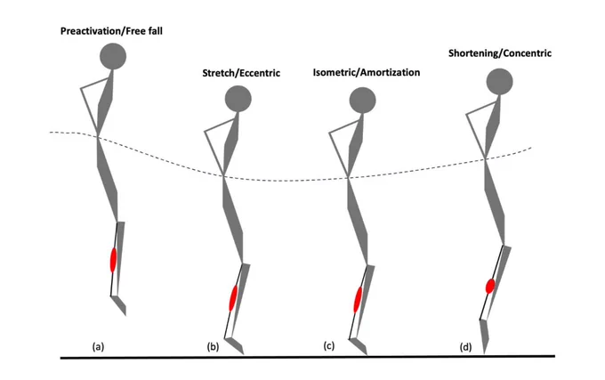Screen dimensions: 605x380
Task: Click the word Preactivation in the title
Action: tap(91, 31)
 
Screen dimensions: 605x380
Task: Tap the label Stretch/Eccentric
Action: tap(241, 73)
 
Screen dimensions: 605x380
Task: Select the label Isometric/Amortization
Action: tap(367, 72)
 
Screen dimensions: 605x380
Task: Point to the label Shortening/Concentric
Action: tap(500, 53)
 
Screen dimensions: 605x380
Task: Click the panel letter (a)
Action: tap(98, 346)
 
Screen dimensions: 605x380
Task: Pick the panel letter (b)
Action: tap(213, 346)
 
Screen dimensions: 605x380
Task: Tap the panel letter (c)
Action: tap(328, 345)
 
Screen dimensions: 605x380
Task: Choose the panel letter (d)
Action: tap(465, 347)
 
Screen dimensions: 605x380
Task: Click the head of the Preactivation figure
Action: tap(113, 56)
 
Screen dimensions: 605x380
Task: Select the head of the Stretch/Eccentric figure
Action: tap(238, 99)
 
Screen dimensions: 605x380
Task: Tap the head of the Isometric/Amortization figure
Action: tap(362, 101)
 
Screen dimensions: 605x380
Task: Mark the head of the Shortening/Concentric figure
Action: tap(500, 81)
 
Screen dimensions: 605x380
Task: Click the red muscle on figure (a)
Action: tap(113, 260)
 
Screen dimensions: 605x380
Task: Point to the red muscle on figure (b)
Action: tap(233, 298)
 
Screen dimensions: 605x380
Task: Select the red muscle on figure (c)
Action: tap(358, 300)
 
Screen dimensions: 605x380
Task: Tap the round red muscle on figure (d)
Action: tap(490, 286)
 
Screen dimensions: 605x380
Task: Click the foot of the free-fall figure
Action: tap(119, 305)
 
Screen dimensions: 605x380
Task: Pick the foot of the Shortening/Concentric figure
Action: tap(485, 336)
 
